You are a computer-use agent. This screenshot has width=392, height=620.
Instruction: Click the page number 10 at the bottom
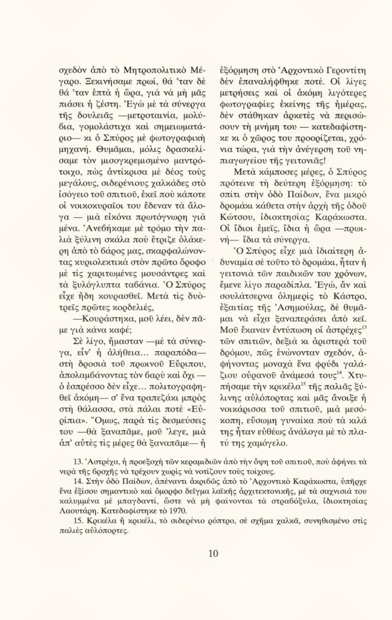(212, 553)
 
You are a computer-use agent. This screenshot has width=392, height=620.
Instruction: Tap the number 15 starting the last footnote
(77, 522)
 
